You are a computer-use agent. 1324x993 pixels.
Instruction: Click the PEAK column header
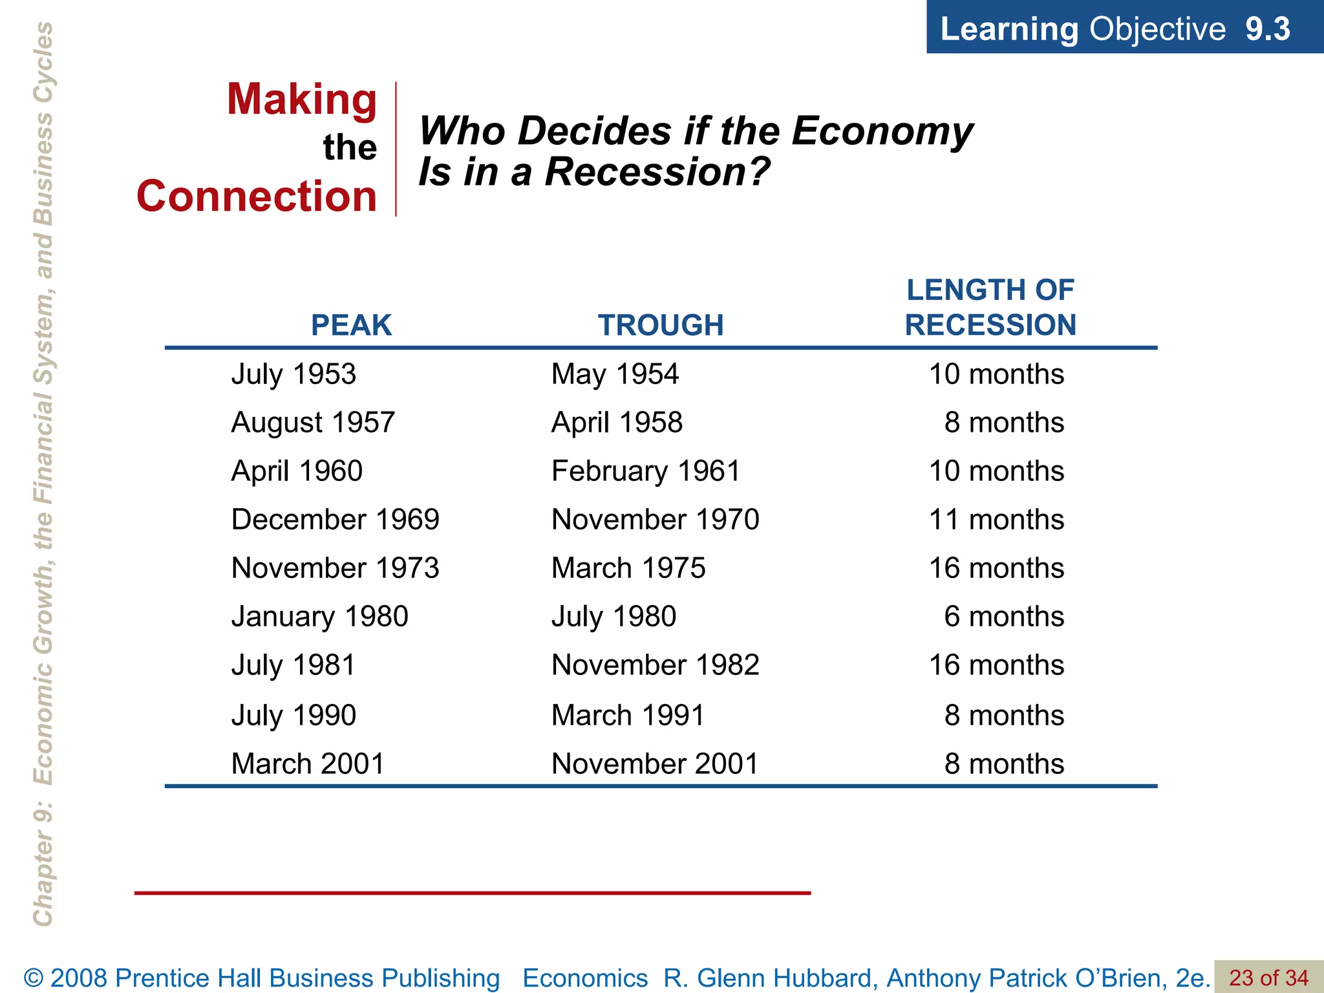[351, 325]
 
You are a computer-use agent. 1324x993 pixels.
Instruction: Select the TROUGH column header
[660, 325]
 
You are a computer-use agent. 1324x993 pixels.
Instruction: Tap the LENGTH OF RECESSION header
[990, 308]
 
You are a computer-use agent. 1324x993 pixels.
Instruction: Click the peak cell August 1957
[313, 423]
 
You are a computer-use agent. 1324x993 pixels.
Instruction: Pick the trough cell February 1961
[645, 471]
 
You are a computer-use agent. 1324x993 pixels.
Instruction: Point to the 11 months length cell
[996, 520]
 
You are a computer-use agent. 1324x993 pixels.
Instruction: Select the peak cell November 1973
[335, 568]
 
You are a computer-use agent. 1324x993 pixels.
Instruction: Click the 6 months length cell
[1003, 617]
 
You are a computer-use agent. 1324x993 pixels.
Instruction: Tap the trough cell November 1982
[655, 665]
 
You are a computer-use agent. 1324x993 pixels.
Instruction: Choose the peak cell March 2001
[308, 764]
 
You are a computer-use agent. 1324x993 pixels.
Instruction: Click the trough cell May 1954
[614, 374]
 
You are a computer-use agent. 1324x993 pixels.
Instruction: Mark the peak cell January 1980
[319, 617]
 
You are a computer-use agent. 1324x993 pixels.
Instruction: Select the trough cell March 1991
[627, 716]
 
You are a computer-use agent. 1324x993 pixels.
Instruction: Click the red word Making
[301, 100]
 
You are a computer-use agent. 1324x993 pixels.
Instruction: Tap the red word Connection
[257, 197]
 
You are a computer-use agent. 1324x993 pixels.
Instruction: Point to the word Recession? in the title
[657, 172]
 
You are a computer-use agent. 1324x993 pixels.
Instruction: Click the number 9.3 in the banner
[1267, 29]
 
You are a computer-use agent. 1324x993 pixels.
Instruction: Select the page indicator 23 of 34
[1268, 977]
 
